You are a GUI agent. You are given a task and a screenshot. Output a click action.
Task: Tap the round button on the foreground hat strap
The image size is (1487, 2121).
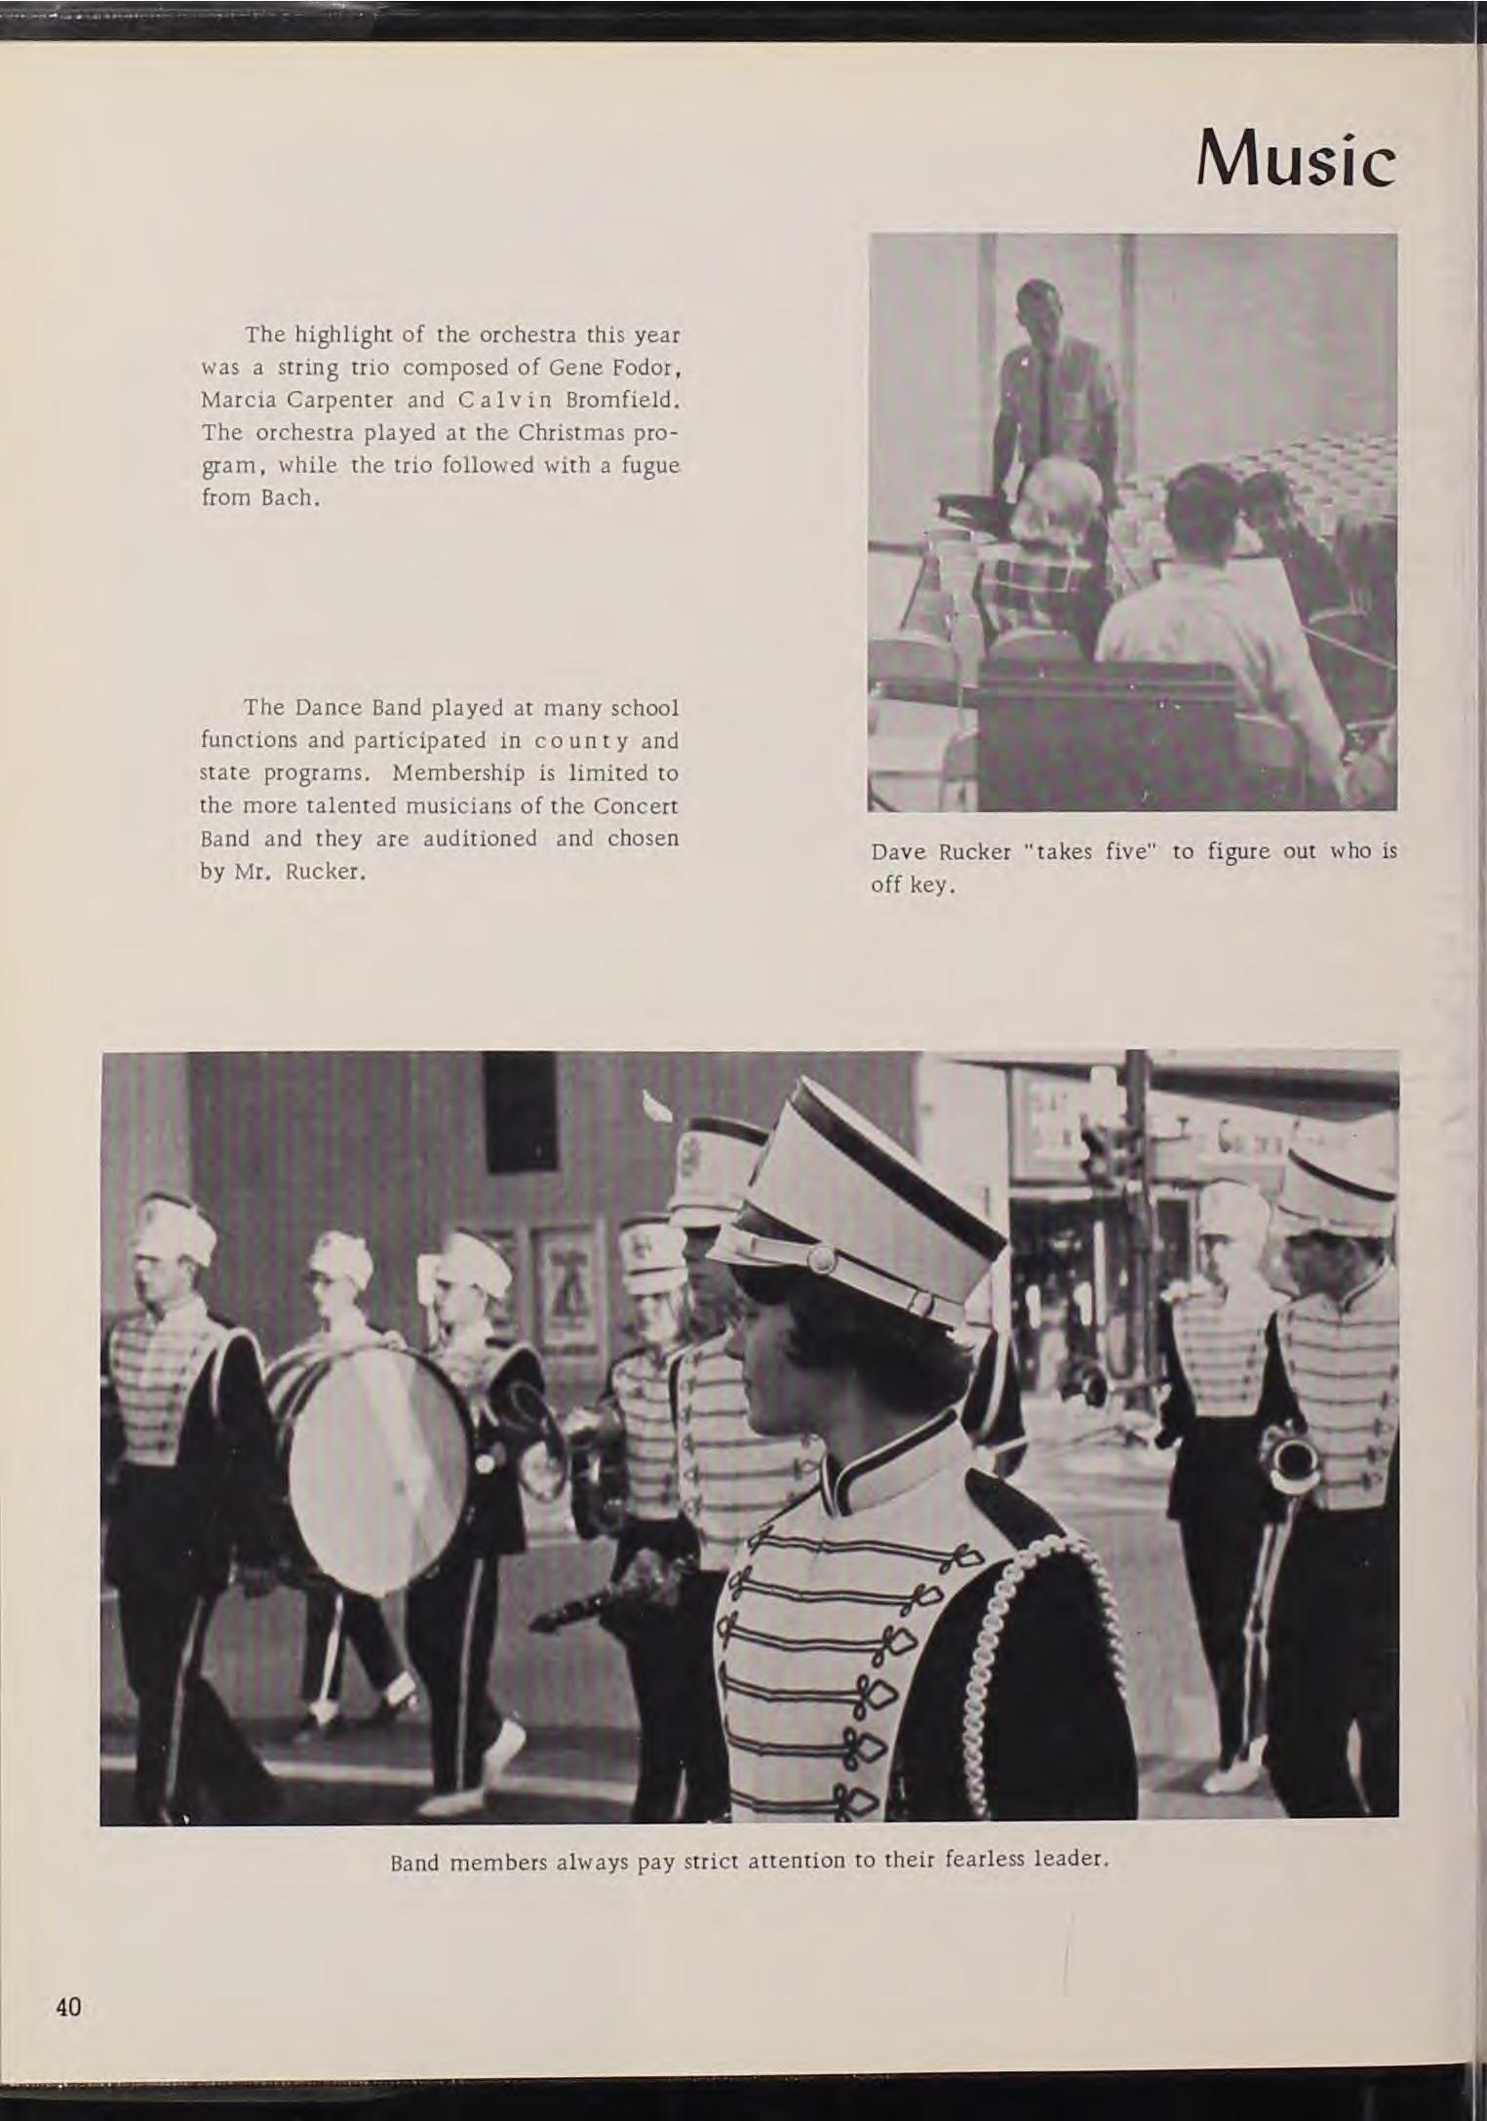click(x=821, y=1259)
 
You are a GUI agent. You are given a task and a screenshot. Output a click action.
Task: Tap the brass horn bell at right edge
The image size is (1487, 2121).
click(x=1291, y=1463)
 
